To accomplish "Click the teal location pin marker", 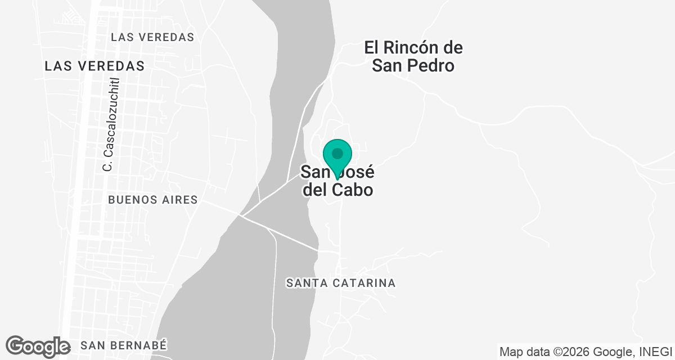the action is pos(337,157).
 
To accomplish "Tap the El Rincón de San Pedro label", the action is pos(413,56).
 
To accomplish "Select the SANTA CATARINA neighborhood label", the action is pos(341,283).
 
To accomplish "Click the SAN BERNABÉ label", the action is pos(124,345).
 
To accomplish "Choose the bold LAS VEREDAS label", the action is pos(94,66).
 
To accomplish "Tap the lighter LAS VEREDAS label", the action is pos(152,37).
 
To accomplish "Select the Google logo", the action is pos(38,346).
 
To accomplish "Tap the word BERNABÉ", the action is pos(142,345).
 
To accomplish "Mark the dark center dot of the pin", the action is pos(337,153).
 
